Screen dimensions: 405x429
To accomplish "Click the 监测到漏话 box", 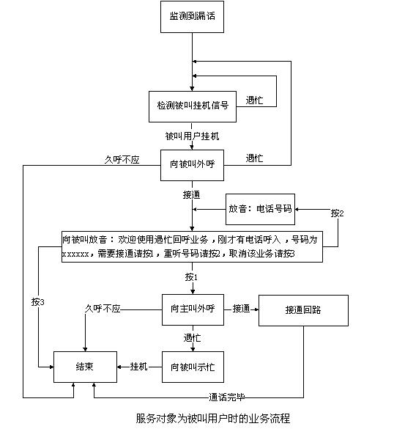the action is click(192, 17).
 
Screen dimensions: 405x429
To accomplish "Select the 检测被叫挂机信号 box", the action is click(193, 106).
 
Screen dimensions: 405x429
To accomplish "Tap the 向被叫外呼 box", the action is click(192, 165).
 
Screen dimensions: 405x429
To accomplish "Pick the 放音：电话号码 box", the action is click(260, 209).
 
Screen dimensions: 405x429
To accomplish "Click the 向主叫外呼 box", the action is click(193, 309).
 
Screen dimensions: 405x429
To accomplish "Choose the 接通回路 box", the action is click(303, 310).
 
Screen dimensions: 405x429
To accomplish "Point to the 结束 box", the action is click(85, 367).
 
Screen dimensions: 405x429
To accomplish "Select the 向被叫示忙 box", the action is click(193, 367).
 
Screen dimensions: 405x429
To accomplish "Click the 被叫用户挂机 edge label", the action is click(192, 136).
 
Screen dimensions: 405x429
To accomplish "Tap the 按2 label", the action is click(337, 213).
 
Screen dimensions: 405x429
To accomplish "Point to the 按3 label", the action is click(37, 302).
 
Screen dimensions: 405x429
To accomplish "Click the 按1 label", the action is click(191, 277).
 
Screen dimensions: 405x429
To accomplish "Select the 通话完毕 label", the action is click(227, 397).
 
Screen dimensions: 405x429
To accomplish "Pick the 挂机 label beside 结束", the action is click(139, 367).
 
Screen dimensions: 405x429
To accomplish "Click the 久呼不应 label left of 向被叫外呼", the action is click(122, 160).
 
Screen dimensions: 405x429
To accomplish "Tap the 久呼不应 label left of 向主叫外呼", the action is click(103, 309).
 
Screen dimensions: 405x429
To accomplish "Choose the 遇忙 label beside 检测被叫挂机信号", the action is click(254, 100).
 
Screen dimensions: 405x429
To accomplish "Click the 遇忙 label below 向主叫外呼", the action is click(192, 338).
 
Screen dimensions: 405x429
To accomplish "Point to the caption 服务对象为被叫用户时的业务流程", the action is click(213, 418).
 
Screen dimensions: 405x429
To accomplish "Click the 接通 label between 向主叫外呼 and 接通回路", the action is click(241, 309).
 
